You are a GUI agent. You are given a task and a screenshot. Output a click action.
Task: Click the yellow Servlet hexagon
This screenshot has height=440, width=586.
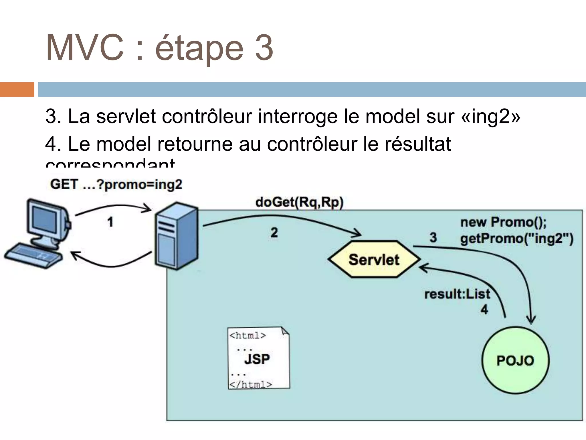pos(374,259)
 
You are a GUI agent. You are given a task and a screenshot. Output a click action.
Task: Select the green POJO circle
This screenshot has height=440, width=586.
pos(515,360)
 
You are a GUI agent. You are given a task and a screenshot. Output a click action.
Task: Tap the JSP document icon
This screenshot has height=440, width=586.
pos(258,358)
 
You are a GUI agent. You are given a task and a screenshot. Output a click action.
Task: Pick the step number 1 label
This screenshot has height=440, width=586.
pos(110,222)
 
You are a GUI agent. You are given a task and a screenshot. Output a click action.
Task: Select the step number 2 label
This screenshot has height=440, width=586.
pos(274,232)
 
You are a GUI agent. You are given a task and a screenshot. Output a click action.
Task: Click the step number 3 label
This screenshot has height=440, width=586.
pos(433,237)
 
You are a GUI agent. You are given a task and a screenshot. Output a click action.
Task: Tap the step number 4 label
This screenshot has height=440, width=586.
pos(484,309)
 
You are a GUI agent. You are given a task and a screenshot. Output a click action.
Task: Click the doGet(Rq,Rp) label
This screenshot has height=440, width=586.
pos(299,202)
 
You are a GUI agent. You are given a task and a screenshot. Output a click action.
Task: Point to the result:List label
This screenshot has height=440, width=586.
pos(457,294)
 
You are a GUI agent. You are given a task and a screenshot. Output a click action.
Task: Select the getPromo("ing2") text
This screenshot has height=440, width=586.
pos(517,238)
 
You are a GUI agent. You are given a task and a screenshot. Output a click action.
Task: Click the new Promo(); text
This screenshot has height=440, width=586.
pos(503,222)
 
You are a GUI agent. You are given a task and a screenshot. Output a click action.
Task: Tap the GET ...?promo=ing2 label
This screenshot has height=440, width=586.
pos(116,184)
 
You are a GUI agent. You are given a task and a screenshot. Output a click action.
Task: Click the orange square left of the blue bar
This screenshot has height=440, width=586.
pos(17,89)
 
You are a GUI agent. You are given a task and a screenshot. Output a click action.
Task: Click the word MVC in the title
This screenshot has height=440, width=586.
pos(85,48)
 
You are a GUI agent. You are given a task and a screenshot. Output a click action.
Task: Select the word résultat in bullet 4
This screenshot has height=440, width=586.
pos(418,144)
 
